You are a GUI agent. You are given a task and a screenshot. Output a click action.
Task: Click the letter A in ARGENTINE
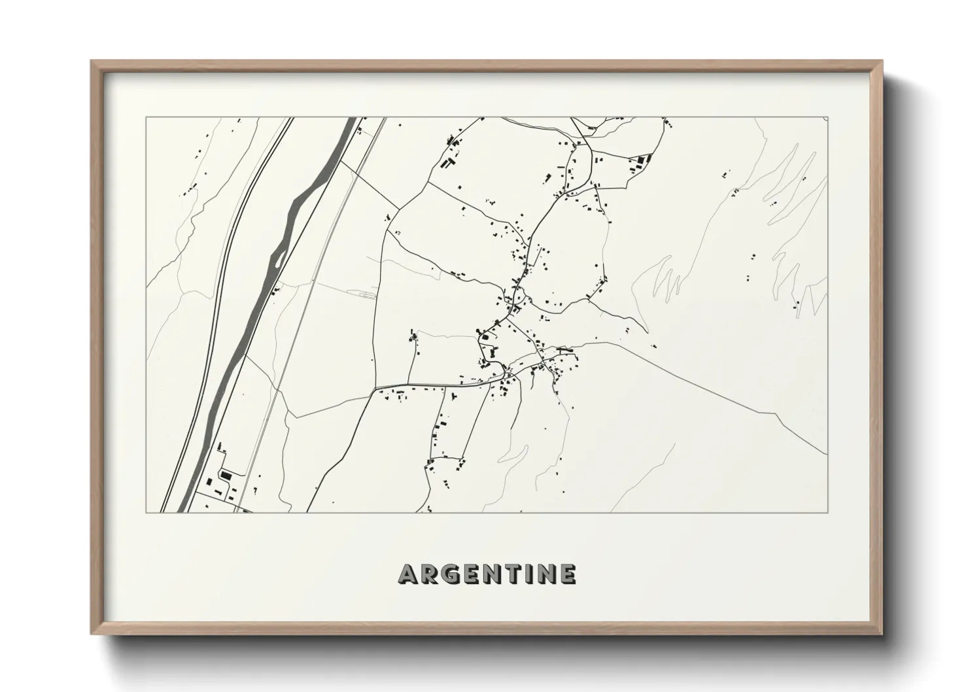tap(408, 575)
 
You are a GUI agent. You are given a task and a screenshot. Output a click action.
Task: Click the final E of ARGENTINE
tap(568, 575)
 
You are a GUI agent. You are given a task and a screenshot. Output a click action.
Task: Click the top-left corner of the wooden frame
tap(92, 61)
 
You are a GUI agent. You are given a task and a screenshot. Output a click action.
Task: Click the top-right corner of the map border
tap(827, 118)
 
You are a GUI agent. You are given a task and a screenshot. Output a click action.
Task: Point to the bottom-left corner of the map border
tap(146, 512)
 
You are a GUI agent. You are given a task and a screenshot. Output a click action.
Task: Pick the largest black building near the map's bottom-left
tap(226, 474)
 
